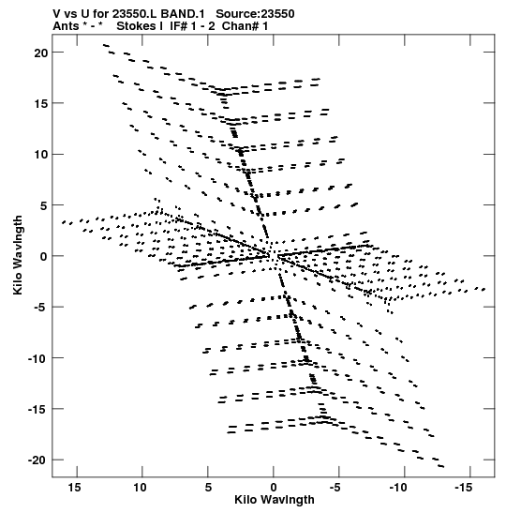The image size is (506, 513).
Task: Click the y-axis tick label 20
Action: point(41,53)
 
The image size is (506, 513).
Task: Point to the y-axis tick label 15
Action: point(41,104)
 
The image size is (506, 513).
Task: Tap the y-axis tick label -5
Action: point(38,308)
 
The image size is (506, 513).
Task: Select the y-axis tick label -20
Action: point(37,460)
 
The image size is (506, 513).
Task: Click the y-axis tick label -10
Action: point(37,358)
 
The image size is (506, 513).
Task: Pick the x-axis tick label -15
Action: point(464,488)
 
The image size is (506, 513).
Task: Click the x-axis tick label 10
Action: point(140,488)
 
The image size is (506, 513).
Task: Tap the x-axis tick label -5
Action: point(335,488)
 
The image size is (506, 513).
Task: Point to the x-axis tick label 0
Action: point(274,488)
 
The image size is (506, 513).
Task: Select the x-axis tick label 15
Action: point(74,488)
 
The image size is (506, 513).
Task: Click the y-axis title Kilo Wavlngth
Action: point(18,255)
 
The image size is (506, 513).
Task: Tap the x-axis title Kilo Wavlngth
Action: point(275,500)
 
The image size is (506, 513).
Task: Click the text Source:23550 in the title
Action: point(255,14)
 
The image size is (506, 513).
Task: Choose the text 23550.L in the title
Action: point(134,14)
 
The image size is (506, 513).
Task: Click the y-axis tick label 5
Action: point(44,205)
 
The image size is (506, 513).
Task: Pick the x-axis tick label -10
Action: point(398,488)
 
